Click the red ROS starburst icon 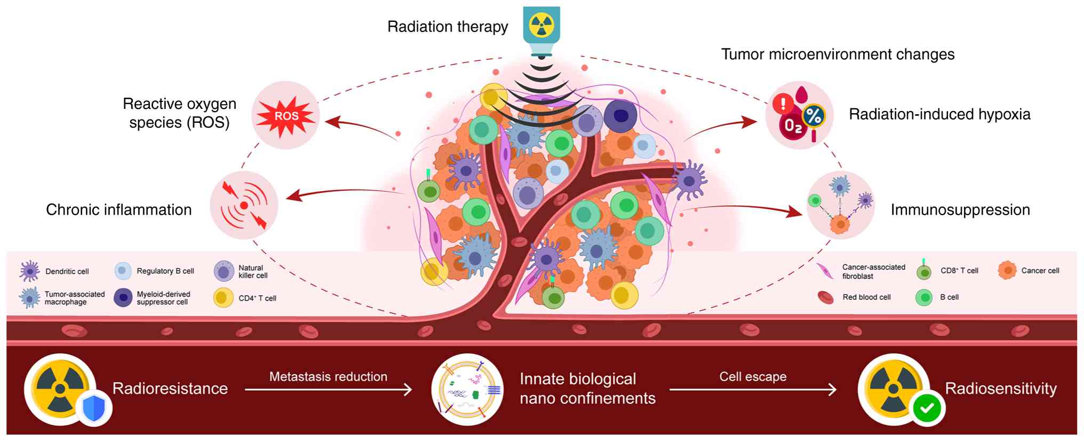pyautogui.click(x=286, y=115)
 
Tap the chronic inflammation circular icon pyautogui.click(x=244, y=205)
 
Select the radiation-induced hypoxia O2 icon pyautogui.click(x=799, y=115)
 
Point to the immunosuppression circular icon pyautogui.click(x=840, y=205)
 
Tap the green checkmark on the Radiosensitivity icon pyautogui.click(x=927, y=408)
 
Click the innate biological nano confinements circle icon pyautogui.click(x=467, y=390)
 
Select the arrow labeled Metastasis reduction pyautogui.click(x=328, y=390)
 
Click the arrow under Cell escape pyautogui.click(x=753, y=390)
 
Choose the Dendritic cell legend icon pyautogui.click(x=29, y=271)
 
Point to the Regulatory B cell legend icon pyautogui.click(x=123, y=271)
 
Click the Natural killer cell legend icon pyautogui.click(x=224, y=271)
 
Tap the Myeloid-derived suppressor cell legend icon pyautogui.click(x=123, y=297)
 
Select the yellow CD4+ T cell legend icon pyautogui.click(x=224, y=297)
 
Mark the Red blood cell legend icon pyautogui.click(x=826, y=297)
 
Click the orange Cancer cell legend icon pyautogui.click(x=1007, y=271)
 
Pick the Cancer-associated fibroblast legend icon pyautogui.click(x=826, y=271)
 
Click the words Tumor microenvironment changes pyautogui.click(x=838, y=54)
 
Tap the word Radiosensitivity pyautogui.click(x=1001, y=389)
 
